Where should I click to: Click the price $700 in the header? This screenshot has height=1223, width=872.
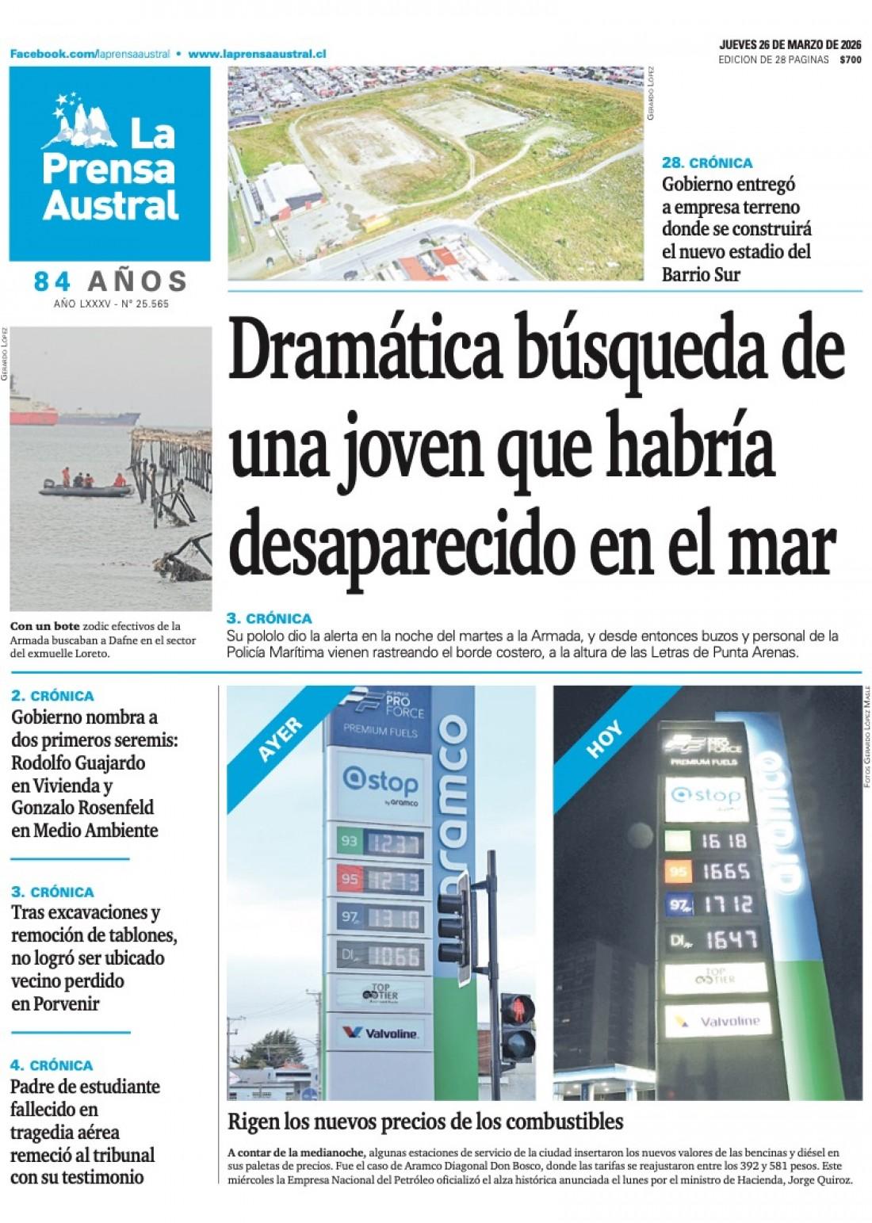tap(850, 59)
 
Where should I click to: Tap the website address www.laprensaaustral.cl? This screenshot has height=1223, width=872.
tap(258, 54)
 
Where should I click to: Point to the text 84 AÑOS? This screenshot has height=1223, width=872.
tap(110, 281)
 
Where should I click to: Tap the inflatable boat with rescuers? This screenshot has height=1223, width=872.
tap(86, 486)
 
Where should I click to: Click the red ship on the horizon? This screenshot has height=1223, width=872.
tap(33, 414)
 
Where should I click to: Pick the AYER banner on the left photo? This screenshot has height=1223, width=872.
tap(280, 739)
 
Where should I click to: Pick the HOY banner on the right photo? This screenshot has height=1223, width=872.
tap(604, 739)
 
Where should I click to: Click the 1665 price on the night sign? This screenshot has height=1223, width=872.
tap(725, 872)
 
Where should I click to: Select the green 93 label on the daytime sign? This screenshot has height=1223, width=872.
tap(348, 839)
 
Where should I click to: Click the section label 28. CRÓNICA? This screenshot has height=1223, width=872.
tap(707, 163)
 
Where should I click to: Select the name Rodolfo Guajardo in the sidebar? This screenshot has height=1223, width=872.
tap(78, 763)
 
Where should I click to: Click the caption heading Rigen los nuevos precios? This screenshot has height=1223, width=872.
tap(425, 1122)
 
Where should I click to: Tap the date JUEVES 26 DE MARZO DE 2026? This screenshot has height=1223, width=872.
tap(790, 44)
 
